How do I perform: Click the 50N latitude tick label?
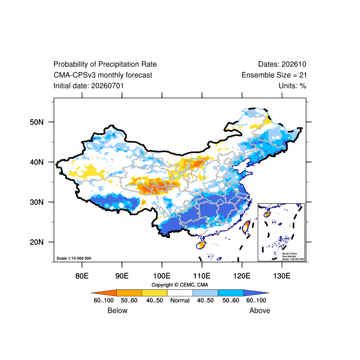click(x=36, y=122)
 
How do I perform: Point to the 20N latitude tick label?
click(x=36, y=242)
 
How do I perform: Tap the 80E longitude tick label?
click(x=82, y=276)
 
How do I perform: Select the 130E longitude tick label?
click(x=282, y=276)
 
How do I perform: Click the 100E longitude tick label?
click(x=162, y=276)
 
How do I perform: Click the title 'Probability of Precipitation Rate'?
click(x=105, y=64)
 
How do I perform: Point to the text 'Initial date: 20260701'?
click(x=89, y=86)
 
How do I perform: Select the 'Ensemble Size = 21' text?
click(x=274, y=75)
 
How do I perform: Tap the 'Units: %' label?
click(x=292, y=86)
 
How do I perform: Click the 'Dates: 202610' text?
click(x=282, y=64)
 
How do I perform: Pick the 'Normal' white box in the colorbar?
click(x=180, y=293)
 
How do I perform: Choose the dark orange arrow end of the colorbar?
click(x=104, y=293)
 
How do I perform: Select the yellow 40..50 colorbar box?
click(x=154, y=293)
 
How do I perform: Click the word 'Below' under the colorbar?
click(x=117, y=310)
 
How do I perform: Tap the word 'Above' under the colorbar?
click(x=260, y=310)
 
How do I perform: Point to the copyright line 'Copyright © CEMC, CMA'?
click(x=180, y=285)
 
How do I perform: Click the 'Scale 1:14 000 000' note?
click(x=74, y=258)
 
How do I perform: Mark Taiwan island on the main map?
click(x=246, y=227)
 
